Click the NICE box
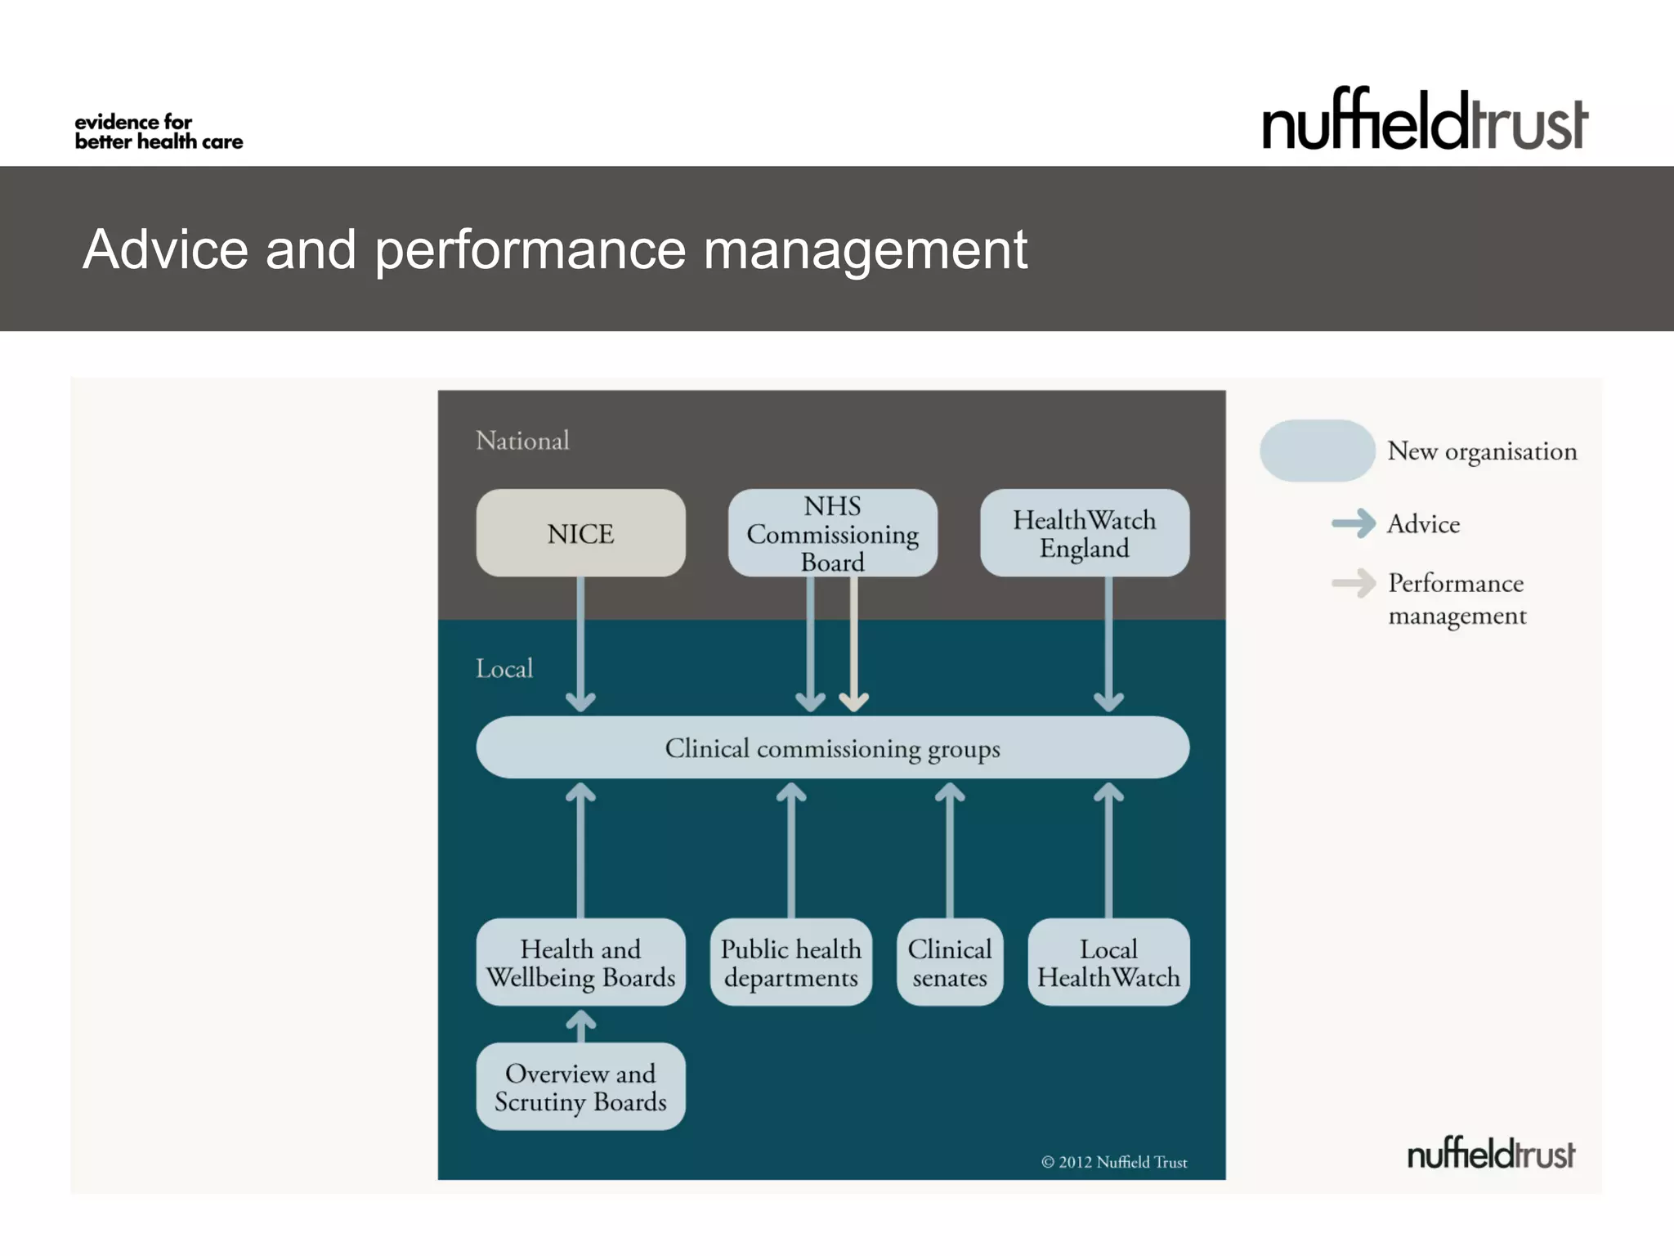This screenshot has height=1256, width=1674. (x=580, y=533)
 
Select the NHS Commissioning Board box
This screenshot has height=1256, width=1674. (x=832, y=533)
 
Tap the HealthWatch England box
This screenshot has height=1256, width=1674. (x=1084, y=533)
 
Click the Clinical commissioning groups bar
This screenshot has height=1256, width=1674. (x=832, y=747)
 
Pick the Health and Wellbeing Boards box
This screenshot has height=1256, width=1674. (x=580, y=962)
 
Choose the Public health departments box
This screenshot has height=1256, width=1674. (x=790, y=962)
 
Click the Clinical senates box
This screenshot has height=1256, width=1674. (x=949, y=962)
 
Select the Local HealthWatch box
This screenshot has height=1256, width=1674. (x=1108, y=962)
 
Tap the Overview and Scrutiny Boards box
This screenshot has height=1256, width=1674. (x=580, y=1087)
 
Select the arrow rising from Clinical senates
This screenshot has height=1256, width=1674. (x=949, y=850)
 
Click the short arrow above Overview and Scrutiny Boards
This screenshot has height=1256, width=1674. (x=580, y=1025)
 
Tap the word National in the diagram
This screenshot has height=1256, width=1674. (x=521, y=441)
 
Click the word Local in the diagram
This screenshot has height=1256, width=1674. (x=504, y=669)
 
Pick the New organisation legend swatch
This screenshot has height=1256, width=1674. (x=1317, y=451)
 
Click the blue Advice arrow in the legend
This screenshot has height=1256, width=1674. (x=1354, y=523)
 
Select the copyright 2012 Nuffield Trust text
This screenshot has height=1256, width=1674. (x=1113, y=1162)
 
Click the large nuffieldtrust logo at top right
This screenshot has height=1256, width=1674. (x=1424, y=121)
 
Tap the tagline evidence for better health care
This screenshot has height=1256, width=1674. (x=159, y=132)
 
